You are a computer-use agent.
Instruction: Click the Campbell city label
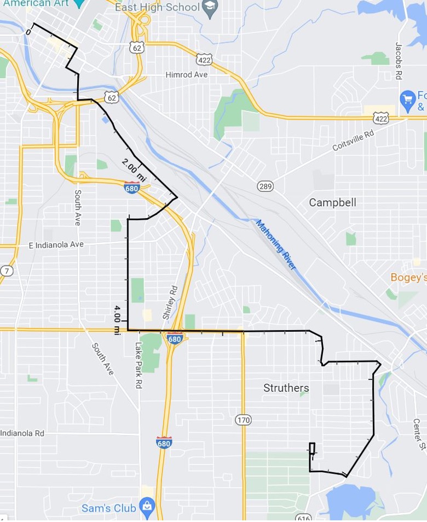(332, 202)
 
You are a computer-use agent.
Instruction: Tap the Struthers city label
(286, 388)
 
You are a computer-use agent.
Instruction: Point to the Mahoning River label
(275, 244)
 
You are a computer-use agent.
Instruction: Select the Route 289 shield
(266, 186)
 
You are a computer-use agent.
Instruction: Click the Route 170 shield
(244, 420)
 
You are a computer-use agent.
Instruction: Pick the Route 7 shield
(7, 271)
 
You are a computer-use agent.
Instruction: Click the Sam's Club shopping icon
(147, 507)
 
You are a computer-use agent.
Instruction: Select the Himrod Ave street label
(187, 74)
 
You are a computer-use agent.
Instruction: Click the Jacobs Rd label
(399, 60)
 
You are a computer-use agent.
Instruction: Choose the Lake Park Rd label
(139, 365)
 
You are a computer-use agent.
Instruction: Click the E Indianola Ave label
(56, 244)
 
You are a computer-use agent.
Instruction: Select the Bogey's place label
(408, 278)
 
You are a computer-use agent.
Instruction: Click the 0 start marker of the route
(28, 32)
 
